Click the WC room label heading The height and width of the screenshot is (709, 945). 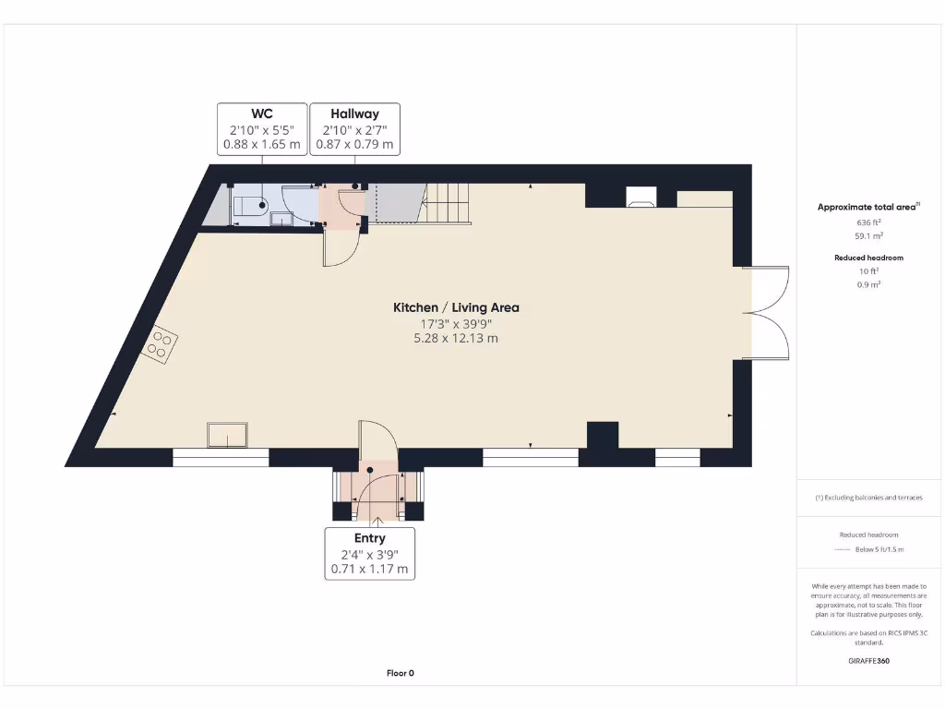click(x=261, y=114)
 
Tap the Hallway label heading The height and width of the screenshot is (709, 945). click(x=354, y=114)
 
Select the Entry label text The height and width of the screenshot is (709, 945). click(x=369, y=538)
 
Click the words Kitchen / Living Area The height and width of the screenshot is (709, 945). click(x=456, y=307)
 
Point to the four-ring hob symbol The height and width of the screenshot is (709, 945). click(x=160, y=343)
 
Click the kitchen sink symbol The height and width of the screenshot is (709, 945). click(x=227, y=434)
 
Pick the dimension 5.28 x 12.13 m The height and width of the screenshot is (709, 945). click(x=456, y=339)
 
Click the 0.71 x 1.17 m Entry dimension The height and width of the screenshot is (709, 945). click(x=369, y=570)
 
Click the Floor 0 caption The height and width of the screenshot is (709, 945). click(x=400, y=673)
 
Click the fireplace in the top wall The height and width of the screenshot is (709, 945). click(x=641, y=196)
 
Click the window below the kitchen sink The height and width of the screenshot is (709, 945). click(x=221, y=457)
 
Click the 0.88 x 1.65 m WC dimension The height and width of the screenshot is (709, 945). click(x=261, y=145)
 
